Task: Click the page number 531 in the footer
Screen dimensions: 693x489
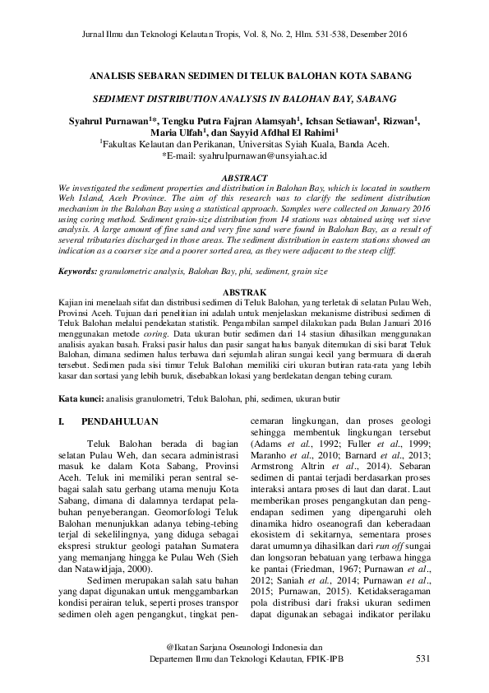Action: (x=422, y=659)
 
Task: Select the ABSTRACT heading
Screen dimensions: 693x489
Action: (x=245, y=178)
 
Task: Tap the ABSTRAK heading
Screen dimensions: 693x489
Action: (x=245, y=293)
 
